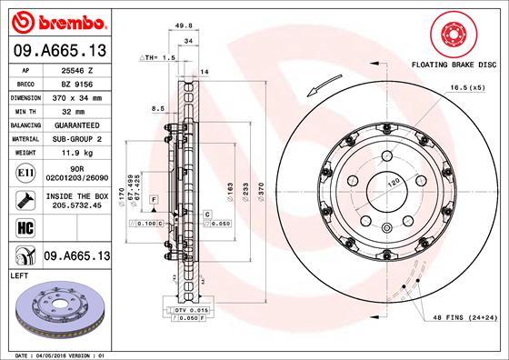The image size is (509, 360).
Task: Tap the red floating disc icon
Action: pos(451,35)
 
